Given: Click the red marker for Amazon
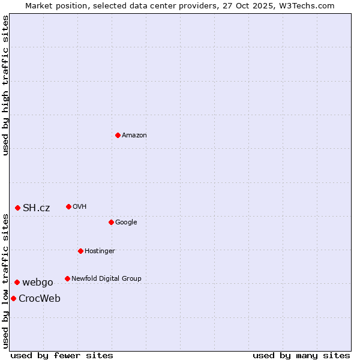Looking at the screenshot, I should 118,135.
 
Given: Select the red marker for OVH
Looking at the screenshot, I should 68,206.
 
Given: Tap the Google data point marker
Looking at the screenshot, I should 111,222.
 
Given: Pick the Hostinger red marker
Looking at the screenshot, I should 80,251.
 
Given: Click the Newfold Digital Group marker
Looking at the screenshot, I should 67,278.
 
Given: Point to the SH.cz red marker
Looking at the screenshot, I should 17,208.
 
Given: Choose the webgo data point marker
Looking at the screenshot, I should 17,282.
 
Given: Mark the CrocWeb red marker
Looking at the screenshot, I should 13,298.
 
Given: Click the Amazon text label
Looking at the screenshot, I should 134,135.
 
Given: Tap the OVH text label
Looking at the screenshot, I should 80,206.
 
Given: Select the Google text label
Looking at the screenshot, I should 126,222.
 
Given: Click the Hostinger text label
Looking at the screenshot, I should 100,251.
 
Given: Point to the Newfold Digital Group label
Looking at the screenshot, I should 106,278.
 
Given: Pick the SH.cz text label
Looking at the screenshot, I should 36,208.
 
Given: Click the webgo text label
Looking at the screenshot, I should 37,282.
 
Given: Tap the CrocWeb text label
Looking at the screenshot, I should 40,298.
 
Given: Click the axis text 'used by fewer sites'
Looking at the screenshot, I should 62,355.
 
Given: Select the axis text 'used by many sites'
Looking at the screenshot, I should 301,355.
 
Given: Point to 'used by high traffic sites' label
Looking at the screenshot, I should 5,85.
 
